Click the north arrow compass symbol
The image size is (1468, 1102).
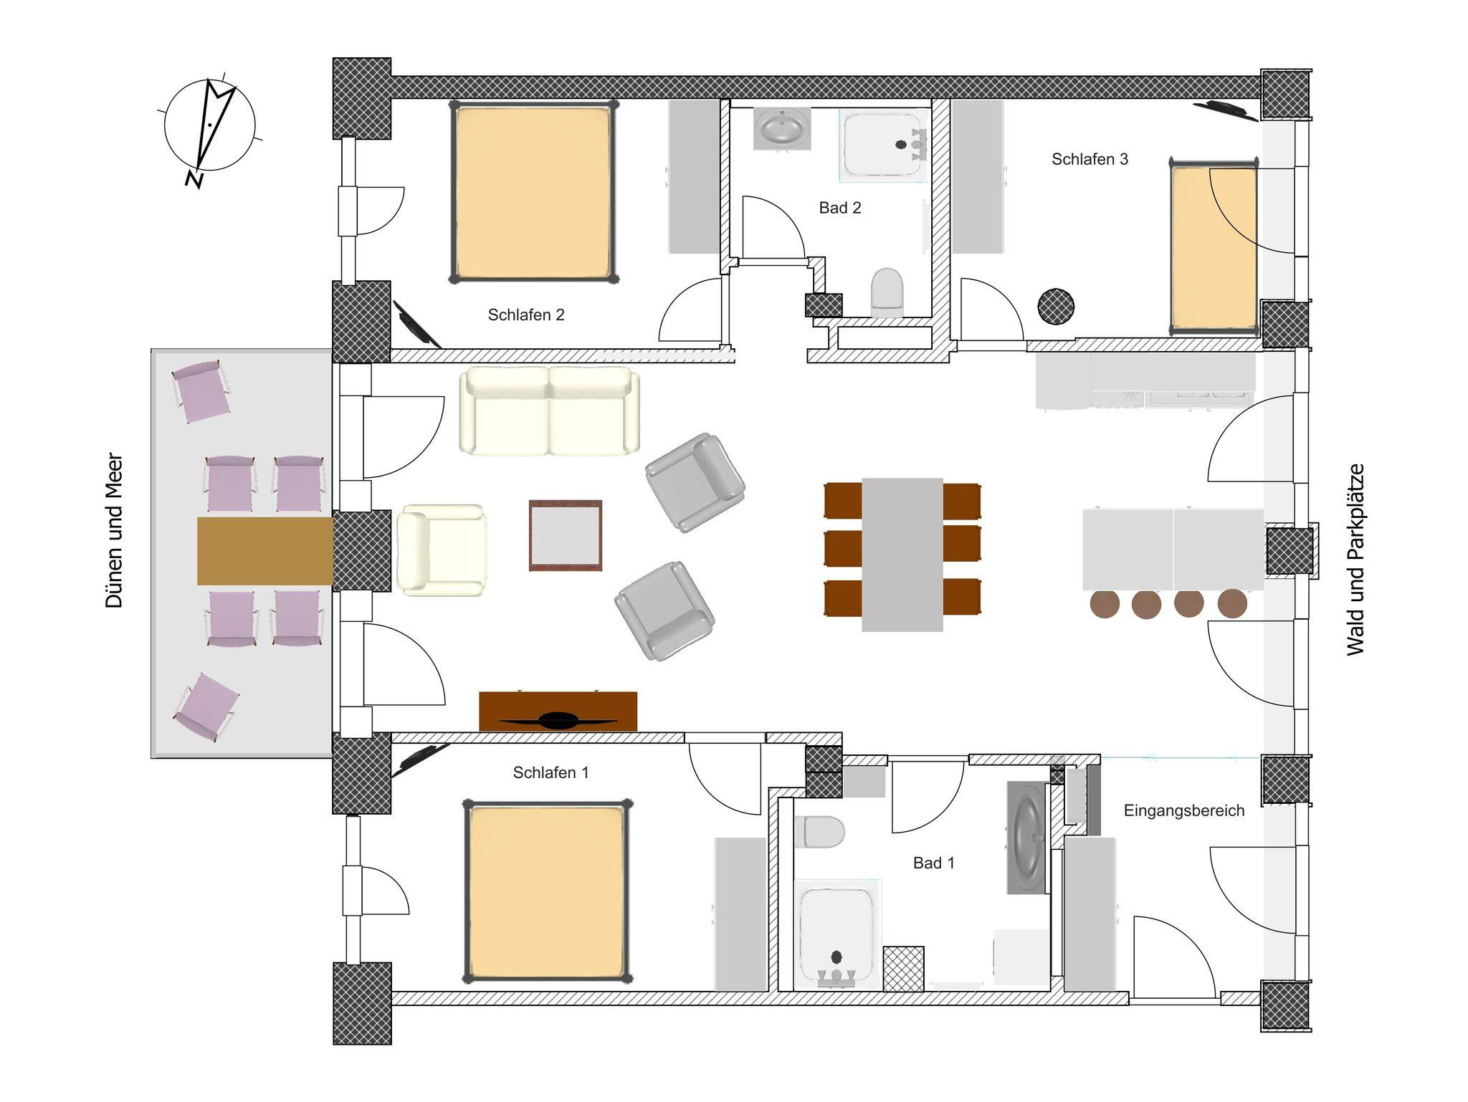coord(209,128)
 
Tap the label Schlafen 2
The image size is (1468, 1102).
coord(526,315)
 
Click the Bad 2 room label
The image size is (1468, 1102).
coord(840,208)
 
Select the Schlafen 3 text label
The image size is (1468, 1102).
coord(1090,159)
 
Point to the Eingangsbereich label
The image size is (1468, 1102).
coord(1184,811)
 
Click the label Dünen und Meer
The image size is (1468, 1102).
coord(115,530)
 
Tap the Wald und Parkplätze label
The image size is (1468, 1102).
coord(1355,560)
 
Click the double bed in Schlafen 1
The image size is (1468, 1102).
coord(548,891)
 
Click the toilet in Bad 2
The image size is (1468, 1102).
coord(887,292)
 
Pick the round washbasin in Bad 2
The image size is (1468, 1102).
coord(782,129)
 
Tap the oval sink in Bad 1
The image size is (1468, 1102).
coord(1028,838)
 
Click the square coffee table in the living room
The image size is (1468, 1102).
coord(566,535)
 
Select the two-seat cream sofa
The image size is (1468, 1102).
coord(549,411)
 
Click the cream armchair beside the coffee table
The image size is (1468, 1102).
coord(442,550)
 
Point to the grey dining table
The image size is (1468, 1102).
coord(902,555)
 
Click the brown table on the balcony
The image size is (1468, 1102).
coord(265,551)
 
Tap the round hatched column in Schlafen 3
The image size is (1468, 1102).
coord(1056,306)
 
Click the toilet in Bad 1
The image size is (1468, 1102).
coord(819,832)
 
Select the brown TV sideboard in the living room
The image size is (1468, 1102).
coord(558,711)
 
